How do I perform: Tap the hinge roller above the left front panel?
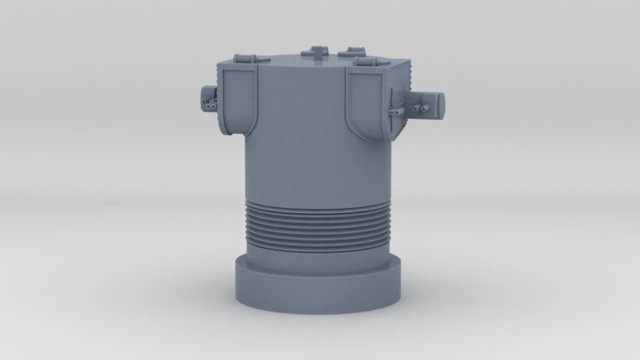pyautogui.click(x=245, y=58)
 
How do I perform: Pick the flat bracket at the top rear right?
pyautogui.click(x=352, y=51)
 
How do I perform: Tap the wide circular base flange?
pyautogui.click(x=318, y=290)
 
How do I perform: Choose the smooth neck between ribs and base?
pyautogui.click(x=317, y=260)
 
